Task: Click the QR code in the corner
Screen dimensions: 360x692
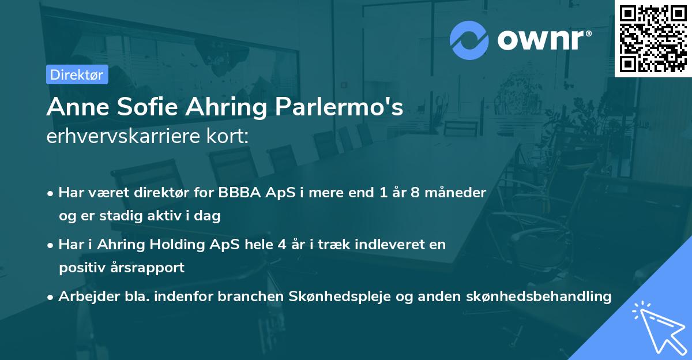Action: click(x=653, y=39)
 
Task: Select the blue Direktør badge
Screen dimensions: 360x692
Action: click(x=77, y=74)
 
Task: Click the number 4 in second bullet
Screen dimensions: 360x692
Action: click(x=281, y=245)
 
